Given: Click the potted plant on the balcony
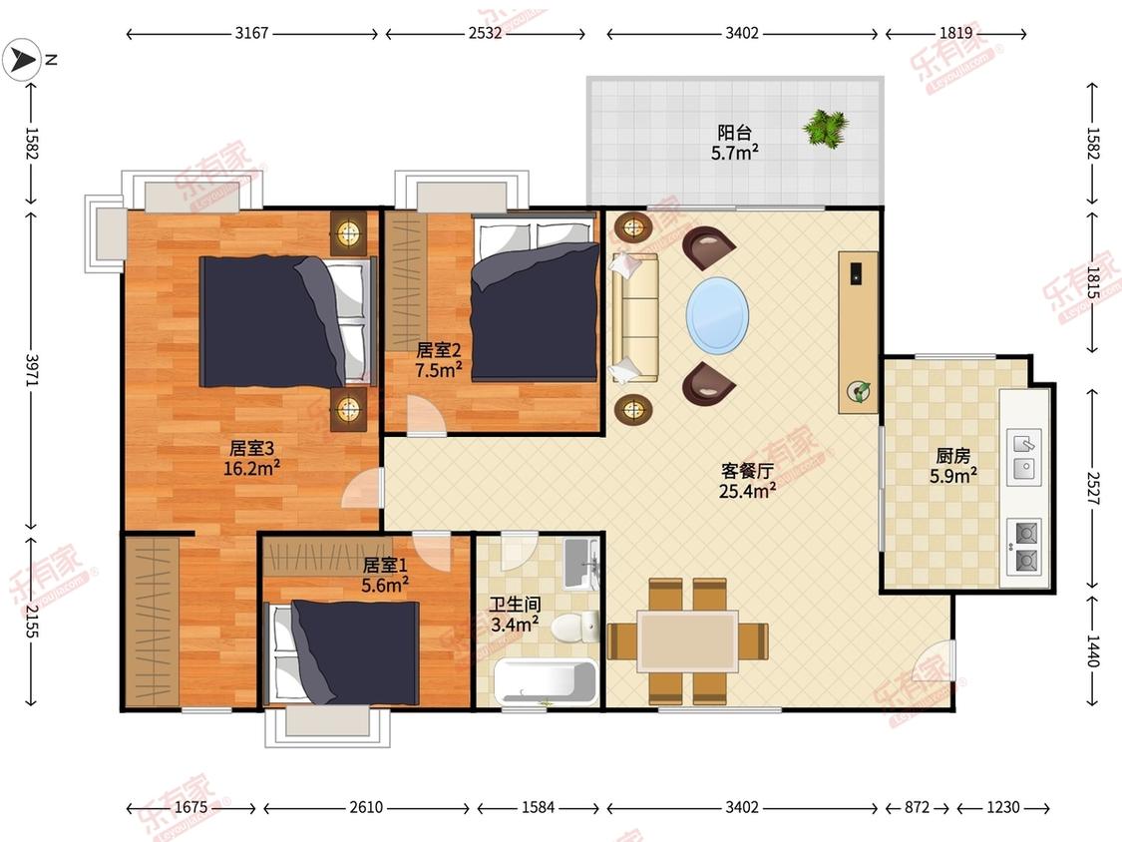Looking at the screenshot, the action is click(826, 129).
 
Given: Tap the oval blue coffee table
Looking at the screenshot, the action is click(718, 315).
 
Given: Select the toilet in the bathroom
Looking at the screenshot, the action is click(575, 628).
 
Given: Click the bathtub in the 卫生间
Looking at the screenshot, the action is click(546, 681).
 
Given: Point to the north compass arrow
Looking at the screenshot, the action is click(21, 60).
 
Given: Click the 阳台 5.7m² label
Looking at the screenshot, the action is click(735, 143).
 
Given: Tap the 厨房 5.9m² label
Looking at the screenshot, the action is click(953, 465).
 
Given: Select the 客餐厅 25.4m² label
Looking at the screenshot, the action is click(748, 481).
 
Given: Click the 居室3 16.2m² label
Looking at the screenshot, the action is click(251, 458).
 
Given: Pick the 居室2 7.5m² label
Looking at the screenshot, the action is click(439, 360).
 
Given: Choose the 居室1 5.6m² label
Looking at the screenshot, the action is click(385, 575).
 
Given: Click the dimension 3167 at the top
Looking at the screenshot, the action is click(252, 33).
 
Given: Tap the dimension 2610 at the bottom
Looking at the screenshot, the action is click(366, 808).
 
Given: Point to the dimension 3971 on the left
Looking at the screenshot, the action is click(32, 369).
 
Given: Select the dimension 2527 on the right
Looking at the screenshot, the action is click(1092, 488).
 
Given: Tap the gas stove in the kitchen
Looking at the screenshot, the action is click(1024, 547).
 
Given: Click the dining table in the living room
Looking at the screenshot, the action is click(687, 640).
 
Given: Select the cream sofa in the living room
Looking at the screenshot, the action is click(634, 316).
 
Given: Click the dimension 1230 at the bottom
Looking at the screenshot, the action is click(1002, 808).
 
